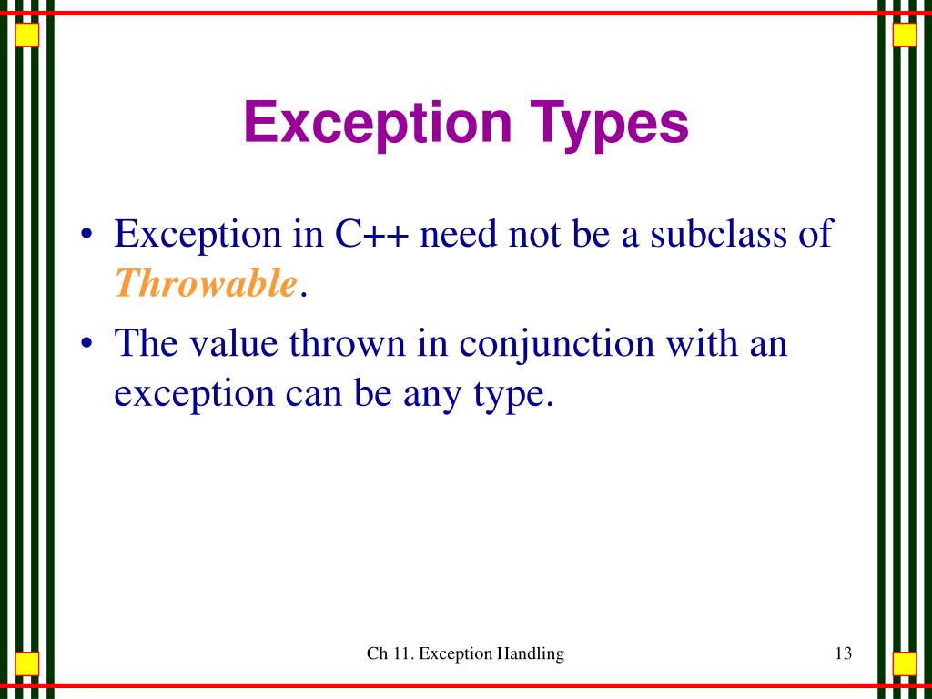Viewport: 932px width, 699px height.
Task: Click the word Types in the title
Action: [608, 124]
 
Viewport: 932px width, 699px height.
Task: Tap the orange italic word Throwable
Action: [206, 285]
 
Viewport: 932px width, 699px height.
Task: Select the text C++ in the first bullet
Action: [371, 234]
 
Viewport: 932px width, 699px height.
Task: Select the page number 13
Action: [842, 653]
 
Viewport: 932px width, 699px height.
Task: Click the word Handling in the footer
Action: [530, 653]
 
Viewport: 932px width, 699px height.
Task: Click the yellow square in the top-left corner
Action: [27, 35]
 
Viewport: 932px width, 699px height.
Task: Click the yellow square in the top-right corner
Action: [904, 35]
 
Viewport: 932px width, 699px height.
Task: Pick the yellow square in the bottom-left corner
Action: [27, 664]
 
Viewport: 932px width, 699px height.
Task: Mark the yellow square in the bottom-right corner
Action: [904, 664]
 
